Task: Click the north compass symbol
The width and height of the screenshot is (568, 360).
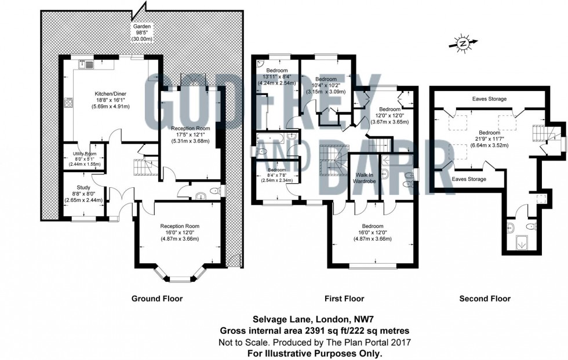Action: [463, 44]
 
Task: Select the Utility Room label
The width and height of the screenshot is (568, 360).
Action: [85, 154]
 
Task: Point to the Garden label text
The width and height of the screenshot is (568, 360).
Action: [142, 27]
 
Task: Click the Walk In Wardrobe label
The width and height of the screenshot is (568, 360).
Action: [365, 178]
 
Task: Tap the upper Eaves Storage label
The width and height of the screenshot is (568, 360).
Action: [489, 99]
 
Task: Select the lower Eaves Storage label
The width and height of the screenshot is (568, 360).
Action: [469, 179]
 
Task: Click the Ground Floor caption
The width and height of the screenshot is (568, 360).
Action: [157, 299]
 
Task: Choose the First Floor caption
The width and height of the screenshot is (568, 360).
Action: [344, 299]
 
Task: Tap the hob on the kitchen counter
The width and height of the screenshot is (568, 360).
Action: [68, 103]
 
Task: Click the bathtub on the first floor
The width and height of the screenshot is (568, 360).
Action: [271, 137]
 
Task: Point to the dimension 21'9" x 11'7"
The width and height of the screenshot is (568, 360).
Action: [489, 139]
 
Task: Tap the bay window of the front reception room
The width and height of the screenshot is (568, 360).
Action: [179, 275]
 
